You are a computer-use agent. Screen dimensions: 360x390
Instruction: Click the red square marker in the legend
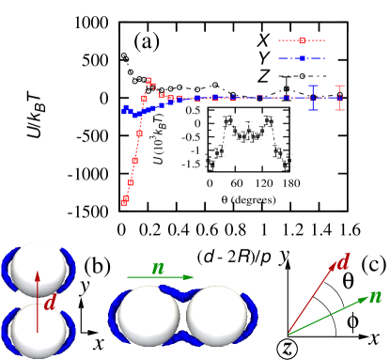coord(302,40)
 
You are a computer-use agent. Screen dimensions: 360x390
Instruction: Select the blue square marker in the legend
coord(302,58)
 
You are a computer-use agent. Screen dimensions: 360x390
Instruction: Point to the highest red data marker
coord(148,81)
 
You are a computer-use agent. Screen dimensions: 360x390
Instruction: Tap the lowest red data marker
coord(123,202)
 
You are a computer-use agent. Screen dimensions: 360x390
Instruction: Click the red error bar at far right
coord(339,98)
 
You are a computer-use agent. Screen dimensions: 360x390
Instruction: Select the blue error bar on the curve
coord(313,98)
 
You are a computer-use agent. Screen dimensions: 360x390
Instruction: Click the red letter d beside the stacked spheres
coord(51,303)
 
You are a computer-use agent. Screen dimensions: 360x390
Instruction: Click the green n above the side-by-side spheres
coord(158,268)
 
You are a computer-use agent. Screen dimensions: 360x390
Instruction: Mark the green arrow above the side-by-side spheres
coord(162,277)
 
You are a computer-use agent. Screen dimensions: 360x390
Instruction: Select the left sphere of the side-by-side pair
coord(148,315)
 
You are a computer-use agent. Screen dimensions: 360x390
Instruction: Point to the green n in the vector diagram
coord(375,296)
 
